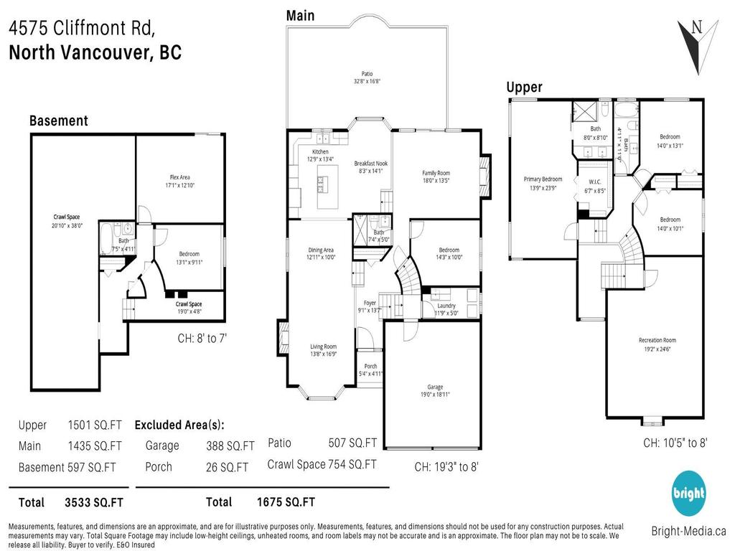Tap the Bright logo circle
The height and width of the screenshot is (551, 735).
(688, 494)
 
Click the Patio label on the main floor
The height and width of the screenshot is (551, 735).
(366, 73)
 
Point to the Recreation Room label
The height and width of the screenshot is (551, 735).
(657, 340)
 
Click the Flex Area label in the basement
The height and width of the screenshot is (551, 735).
(180, 177)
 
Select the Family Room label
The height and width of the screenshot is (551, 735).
(436, 173)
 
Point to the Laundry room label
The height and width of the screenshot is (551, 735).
(446, 306)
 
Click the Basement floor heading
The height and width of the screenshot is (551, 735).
(58, 121)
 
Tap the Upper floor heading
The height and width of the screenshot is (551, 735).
(524, 87)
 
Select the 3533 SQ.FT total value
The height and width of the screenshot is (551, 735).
(93, 502)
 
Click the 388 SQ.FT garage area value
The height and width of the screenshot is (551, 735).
(230, 446)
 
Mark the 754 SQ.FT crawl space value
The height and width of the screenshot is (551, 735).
(352, 464)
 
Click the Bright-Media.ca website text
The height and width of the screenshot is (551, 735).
(688, 532)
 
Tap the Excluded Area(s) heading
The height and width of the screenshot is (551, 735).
(179, 424)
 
